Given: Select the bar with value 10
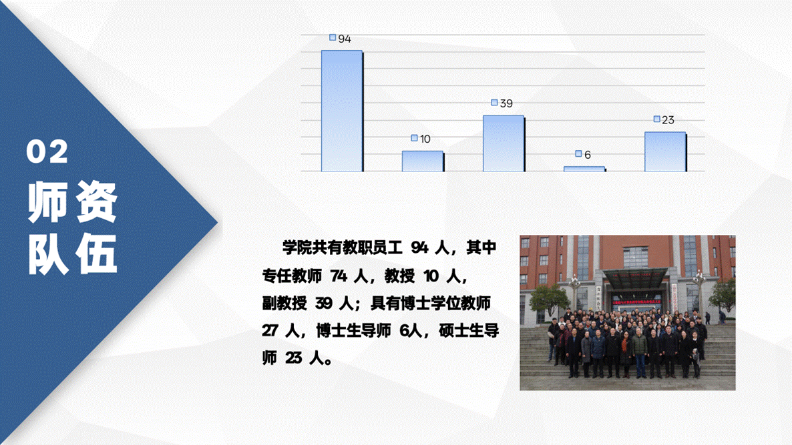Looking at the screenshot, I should [x=422, y=161].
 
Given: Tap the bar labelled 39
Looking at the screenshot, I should [x=503, y=143].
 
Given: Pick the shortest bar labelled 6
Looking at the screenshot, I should [x=584, y=169].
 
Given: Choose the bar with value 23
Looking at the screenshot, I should [x=664, y=151].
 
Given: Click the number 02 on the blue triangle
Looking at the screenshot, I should [x=47, y=153].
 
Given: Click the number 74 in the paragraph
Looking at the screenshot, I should [x=339, y=276].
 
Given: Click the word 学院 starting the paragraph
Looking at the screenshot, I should [x=297, y=248].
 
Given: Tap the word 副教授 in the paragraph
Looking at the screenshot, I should [x=284, y=304].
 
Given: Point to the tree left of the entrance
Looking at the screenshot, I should [x=550, y=298].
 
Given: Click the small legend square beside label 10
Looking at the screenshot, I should [x=415, y=138].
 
